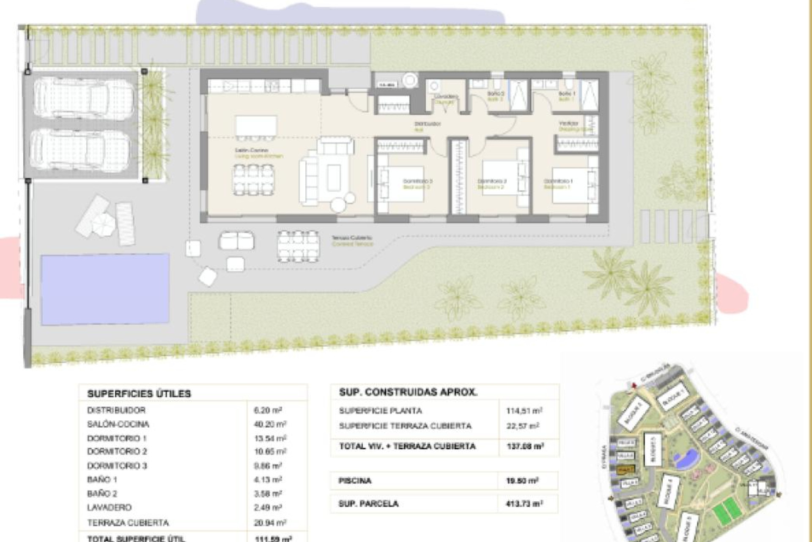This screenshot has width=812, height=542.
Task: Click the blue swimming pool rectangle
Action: tap(105, 289)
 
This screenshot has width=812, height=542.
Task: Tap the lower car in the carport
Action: tap(80, 150)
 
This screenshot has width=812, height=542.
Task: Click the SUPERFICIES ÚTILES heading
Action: tap(139, 393)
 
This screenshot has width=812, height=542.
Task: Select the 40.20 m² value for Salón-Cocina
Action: tap(270, 424)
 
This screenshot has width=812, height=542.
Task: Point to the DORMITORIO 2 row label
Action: tap(117, 451)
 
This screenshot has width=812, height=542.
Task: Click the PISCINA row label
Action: tap(355, 481)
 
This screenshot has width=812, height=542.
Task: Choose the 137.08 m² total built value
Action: tap(524, 446)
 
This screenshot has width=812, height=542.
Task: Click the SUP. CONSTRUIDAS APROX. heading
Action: tap(408, 392)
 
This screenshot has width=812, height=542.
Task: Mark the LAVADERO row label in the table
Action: tap(109, 507)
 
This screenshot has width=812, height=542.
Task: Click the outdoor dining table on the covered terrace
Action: tap(298, 246)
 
